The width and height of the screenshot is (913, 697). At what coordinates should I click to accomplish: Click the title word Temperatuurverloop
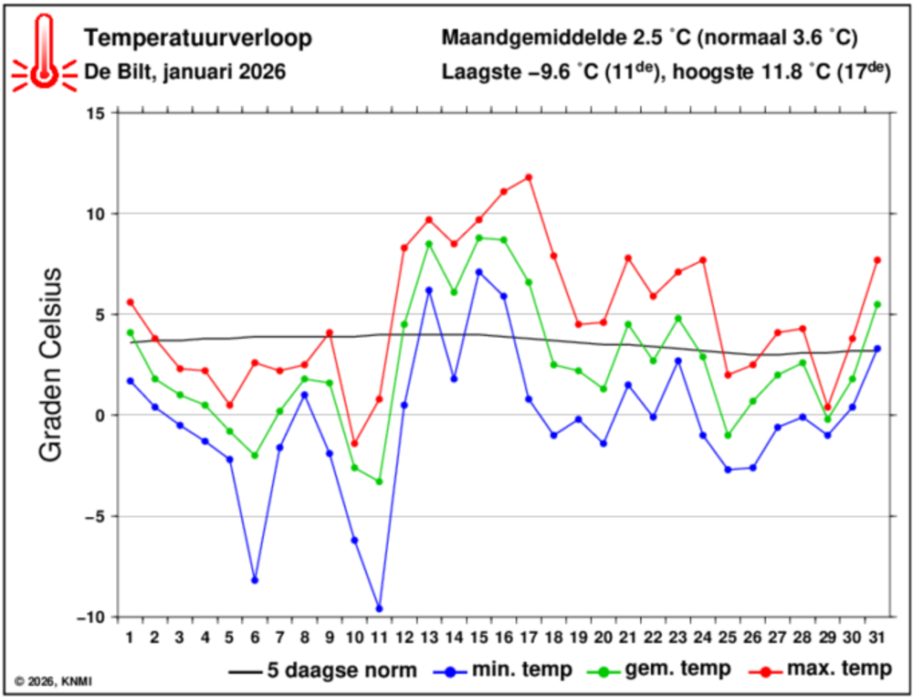[x=197, y=38]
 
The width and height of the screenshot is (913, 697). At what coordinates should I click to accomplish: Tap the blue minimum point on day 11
[x=379, y=608]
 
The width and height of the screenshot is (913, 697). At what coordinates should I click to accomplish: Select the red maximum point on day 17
[x=529, y=177]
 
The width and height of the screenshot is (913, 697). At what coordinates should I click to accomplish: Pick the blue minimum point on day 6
[x=255, y=580]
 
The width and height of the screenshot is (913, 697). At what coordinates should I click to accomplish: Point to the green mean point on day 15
[x=478, y=238]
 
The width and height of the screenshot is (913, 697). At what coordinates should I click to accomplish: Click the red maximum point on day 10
[x=354, y=443]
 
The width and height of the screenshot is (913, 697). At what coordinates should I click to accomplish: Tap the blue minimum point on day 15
[x=478, y=271]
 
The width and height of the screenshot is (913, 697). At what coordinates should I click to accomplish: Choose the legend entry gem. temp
[x=664, y=670]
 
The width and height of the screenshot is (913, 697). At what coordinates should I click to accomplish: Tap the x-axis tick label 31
[x=876, y=637]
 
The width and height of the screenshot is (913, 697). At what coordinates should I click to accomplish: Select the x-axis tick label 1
[x=131, y=637]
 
